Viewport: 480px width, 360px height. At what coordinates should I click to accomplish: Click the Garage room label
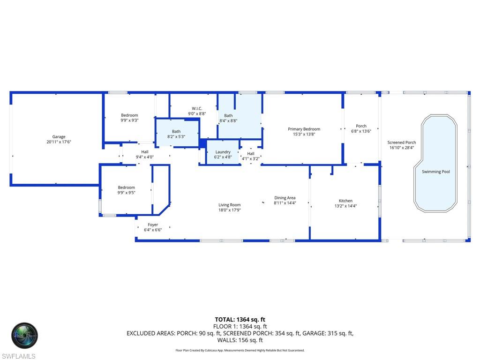pos(59,137)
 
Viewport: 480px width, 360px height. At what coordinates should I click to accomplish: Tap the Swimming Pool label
pos(435,172)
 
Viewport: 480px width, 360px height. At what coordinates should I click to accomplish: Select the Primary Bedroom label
pos(304,129)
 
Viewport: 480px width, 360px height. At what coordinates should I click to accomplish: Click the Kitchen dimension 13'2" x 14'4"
pos(345,206)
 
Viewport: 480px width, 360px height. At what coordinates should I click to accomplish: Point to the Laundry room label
pos(223,152)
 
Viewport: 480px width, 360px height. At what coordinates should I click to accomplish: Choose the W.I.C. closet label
pos(197,108)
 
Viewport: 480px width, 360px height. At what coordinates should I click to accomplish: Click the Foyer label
pos(153,225)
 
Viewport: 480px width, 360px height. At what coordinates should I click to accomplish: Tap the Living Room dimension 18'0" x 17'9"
pos(229,210)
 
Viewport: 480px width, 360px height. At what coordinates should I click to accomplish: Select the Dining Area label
pos(285,198)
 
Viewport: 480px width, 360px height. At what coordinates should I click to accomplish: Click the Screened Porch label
pos(401,142)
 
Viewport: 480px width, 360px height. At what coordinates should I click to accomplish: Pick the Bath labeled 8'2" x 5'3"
pos(176,132)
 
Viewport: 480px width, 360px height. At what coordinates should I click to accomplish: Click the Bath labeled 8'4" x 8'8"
pos(228,115)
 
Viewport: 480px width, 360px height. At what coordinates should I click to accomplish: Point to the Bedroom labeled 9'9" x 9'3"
pos(129,115)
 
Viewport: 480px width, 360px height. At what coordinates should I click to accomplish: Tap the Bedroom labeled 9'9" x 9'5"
pos(126,187)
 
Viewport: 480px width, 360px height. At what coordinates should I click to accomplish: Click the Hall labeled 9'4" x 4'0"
pos(145,151)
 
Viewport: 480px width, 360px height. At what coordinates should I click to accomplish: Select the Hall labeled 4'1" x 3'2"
pos(251,153)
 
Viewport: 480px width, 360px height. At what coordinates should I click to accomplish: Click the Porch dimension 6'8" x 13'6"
pos(361,131)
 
